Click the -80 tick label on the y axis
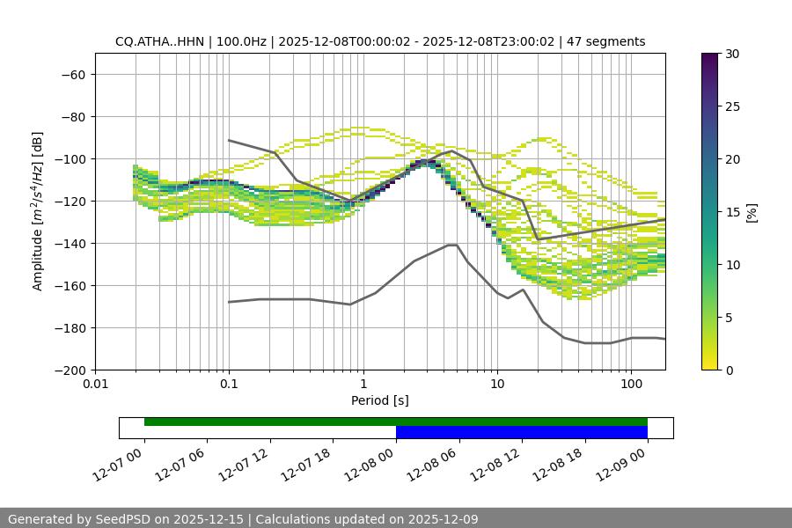(71, 117)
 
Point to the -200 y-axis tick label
(68, 370)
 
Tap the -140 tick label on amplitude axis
(68, 244)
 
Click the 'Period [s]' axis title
(380, 401)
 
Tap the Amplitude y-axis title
(38, 211)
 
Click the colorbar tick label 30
(732, 55)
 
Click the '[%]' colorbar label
(752, 212)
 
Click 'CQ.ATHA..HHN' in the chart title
(156, 41)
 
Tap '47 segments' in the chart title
(606, 41)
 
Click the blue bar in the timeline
(522, 432)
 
